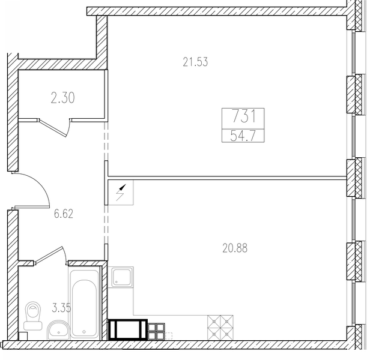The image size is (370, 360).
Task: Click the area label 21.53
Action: tap(195, 62)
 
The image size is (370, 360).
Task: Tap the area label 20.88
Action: tap(235, 248)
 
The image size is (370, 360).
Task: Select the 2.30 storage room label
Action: tap(62, 98)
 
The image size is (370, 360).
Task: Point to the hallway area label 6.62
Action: tap(64, 214)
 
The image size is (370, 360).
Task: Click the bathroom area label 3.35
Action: tap(61, 308)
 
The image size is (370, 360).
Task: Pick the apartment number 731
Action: tap(243, 116)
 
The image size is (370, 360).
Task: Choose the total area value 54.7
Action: tap(243, 136)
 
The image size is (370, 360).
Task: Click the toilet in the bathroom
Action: tap(33, 316)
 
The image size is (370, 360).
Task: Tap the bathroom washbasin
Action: tap(58, 329)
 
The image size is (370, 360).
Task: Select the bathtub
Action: tap(84, 304)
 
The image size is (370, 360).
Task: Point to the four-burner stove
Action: tap(220, 328)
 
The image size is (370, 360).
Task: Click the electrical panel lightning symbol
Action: tap(121, 193)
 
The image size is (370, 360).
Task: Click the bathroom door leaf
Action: tap(49, 254)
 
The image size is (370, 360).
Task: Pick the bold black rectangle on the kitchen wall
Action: tap(128, 329)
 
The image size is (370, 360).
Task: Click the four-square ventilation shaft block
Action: tap(156, 331)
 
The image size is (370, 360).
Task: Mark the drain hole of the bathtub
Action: tap(84, 331)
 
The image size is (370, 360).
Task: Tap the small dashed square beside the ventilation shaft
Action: tap(169, 336)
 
